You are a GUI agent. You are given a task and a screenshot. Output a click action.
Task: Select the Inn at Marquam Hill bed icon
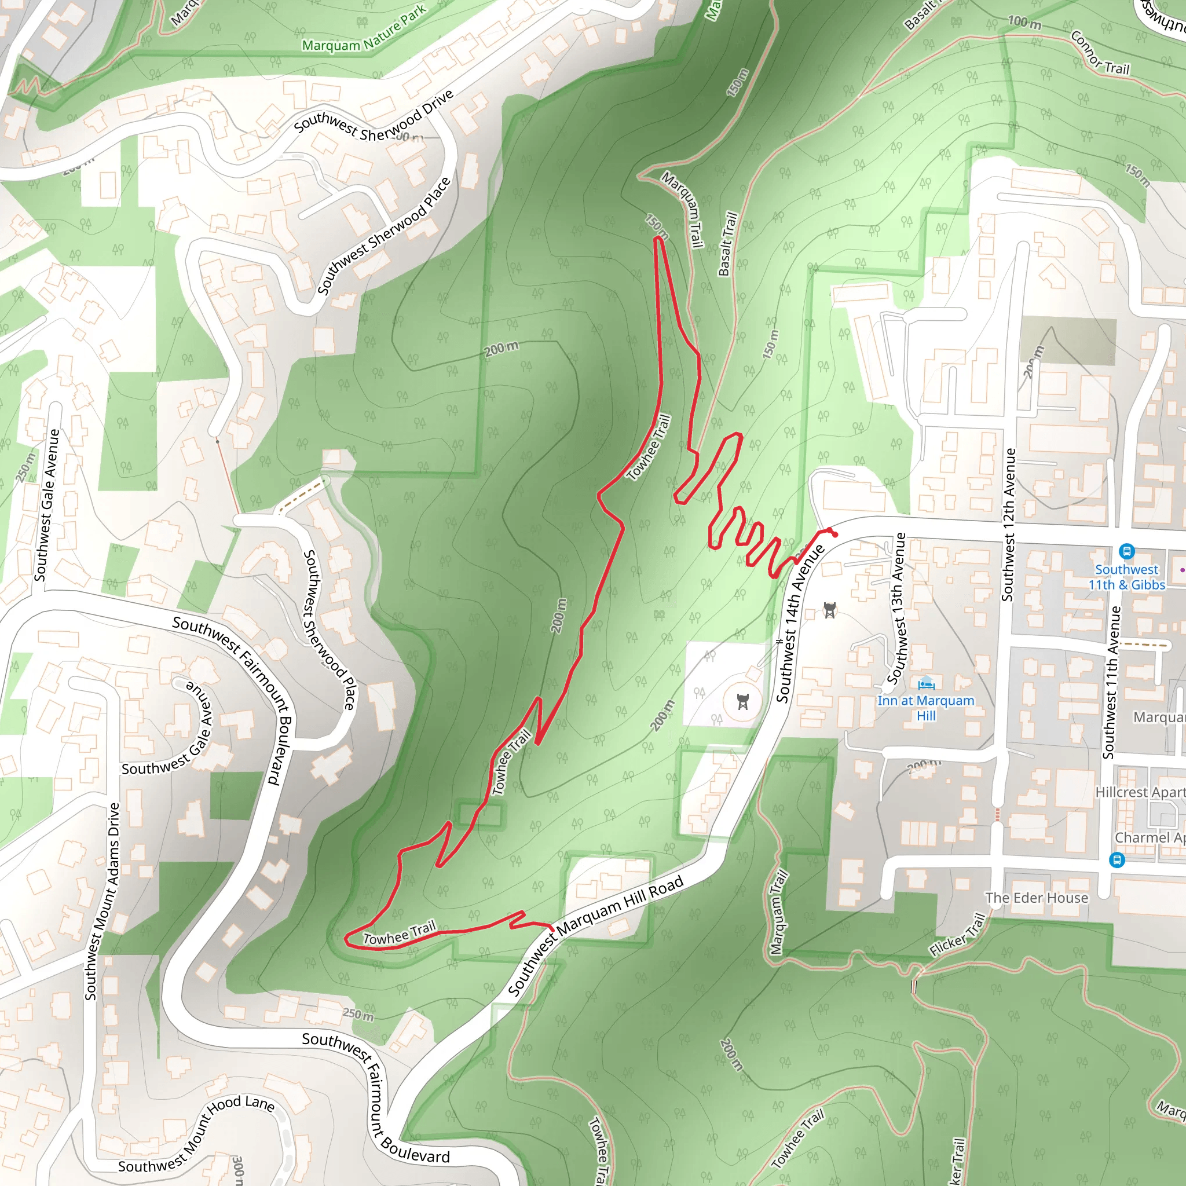[x=927, y=683]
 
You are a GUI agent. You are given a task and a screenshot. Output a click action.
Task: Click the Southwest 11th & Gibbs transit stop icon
[x=1126, y=551]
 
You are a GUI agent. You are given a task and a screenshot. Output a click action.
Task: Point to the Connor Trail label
[x=1100, y=53]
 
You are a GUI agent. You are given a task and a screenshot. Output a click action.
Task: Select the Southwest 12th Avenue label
[x=1009, y=525]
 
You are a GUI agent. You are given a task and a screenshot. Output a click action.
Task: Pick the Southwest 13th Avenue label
[x=898, y=607]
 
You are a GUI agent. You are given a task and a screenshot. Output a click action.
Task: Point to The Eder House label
[x=1036, y=898]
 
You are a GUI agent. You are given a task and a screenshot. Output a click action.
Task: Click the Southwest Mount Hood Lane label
[x=196, y=1134]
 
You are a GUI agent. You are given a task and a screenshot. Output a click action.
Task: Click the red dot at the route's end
[x=834, y=535]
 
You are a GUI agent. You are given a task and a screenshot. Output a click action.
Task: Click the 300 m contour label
[x=238, y=1169]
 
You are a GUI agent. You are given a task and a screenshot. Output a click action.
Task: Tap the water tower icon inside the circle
[x=743, y=701]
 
